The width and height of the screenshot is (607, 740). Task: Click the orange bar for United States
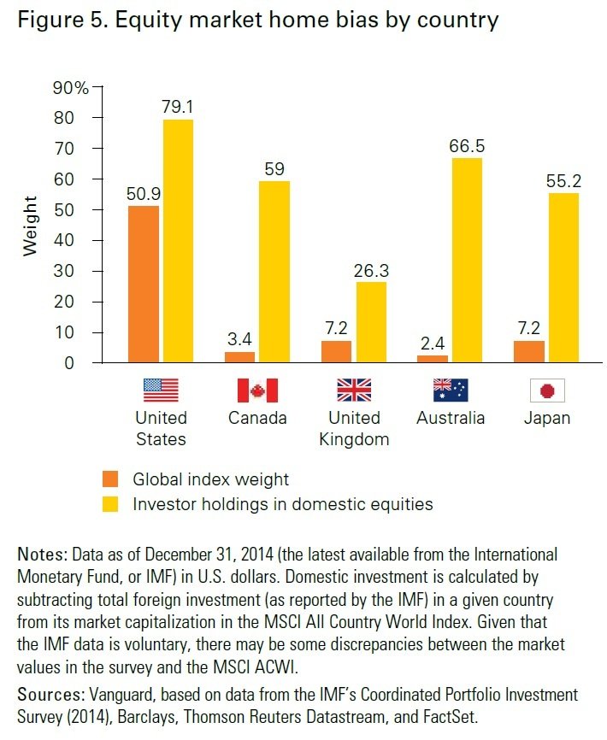143,284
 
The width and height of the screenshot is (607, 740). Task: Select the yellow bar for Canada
276,271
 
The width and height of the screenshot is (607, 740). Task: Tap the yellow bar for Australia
468,260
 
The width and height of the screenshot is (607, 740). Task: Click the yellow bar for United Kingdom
372,321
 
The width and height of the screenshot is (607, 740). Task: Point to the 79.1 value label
177,107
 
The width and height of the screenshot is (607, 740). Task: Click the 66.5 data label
467,146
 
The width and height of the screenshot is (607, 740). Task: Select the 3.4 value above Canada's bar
239,339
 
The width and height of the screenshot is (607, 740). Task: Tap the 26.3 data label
372,270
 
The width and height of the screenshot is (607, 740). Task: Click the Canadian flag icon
257,391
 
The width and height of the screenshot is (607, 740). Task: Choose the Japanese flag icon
548,391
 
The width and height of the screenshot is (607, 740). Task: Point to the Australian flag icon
451,391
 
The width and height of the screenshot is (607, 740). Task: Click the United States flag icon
161,391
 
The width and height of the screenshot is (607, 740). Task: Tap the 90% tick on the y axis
71,87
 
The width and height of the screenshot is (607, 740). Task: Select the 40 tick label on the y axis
76,240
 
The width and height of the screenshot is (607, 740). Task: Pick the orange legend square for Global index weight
111,479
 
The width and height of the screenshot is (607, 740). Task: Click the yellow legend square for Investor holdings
111,503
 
